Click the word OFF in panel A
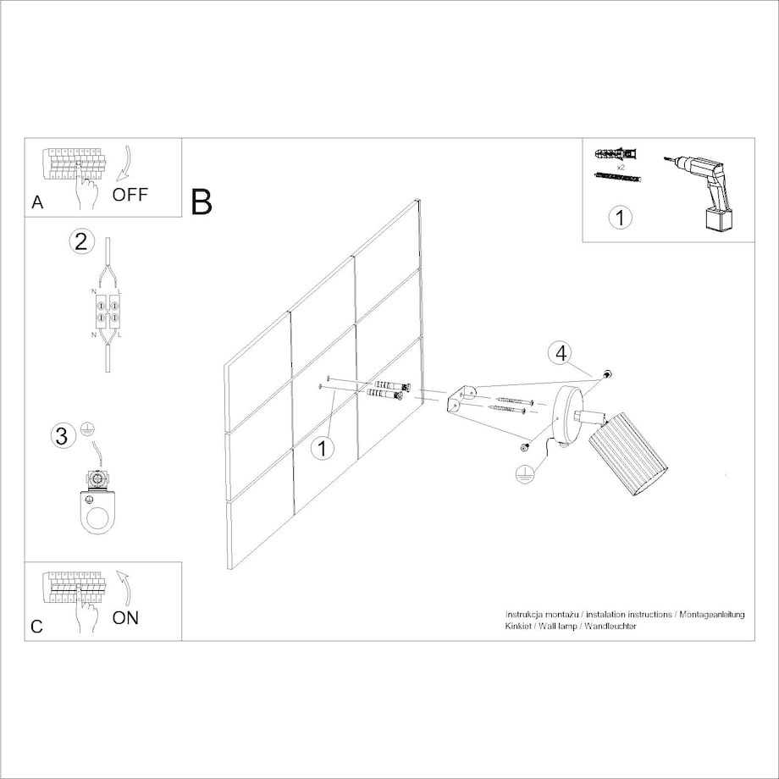(130, 194)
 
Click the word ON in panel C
(125, 617)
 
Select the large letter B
(202, 202)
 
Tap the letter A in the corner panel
(37, 202)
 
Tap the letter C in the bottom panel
(36, 627)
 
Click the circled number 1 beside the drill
(620, 218)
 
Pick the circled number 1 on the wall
(323, 449)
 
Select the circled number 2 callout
(81, 241)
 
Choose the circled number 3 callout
(62, 436)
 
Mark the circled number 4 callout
(561, 353)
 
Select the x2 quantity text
(621, 168)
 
